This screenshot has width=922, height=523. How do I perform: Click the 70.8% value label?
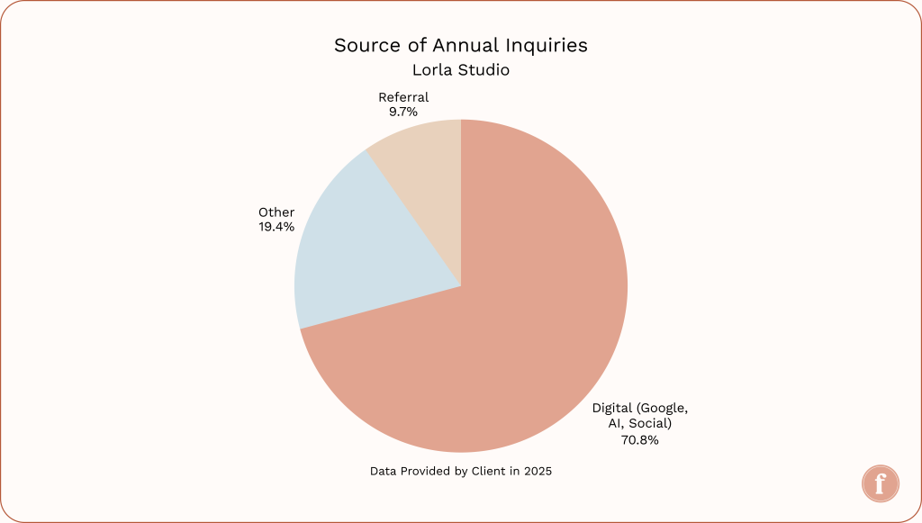[x=639, y=440]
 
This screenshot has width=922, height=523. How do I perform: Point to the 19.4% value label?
[x=276, y=228]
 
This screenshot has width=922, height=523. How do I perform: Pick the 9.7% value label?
[x=402, y=112]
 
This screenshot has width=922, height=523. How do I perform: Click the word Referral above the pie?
[x=403, y=97]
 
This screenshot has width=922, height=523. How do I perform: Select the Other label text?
[x=276, y=213]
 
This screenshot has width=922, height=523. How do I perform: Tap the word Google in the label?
[x=665, y=408]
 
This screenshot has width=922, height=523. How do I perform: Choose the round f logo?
[x=880, y=484]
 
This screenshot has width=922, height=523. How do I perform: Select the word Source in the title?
[x=364, y=45]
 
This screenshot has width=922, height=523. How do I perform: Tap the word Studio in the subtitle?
[x=486, y=68]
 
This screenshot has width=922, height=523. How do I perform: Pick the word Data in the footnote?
[x=383, y=471]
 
